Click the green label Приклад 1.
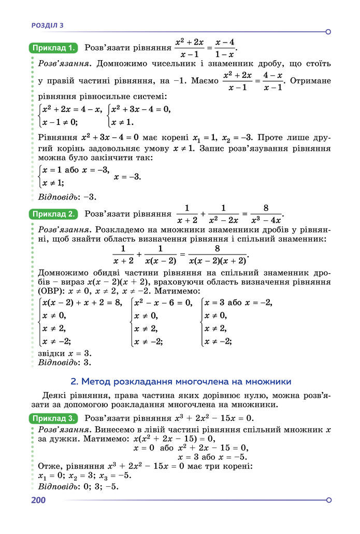coord(54,48)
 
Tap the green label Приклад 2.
coord(54,213)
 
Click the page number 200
coord(39,500)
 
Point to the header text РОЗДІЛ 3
coord(48,25)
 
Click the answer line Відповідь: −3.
coord(67,196)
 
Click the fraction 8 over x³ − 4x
coord(265,213)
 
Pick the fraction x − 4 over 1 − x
coord(225,48)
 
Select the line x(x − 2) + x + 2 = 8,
coord(82,303)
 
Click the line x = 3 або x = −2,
coord(238,303)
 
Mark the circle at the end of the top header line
coord(328,32)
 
